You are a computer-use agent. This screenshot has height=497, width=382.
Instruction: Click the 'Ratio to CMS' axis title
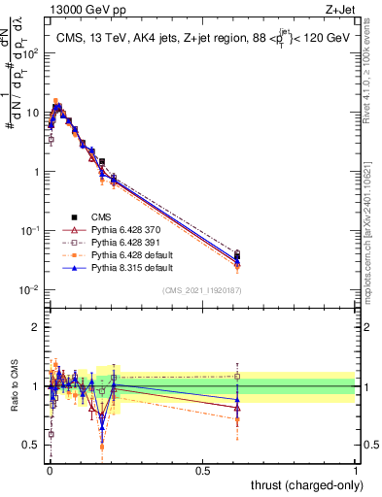pyautogui.click(x=14, y=386)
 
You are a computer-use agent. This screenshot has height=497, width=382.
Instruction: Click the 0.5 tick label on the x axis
pyautogui.click(x=202, y=470)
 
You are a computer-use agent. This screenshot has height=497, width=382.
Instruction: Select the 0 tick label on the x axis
pyautogui.click(x=49, y=470)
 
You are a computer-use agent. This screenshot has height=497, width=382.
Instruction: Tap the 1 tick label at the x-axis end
pyautogui.click(x=355, y=470)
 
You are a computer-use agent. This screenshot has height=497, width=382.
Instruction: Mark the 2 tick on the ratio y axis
pyautogui.click(x=39, y=327)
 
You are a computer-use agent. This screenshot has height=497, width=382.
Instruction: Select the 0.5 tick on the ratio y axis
pyautogui.click(x=35, y=445)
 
